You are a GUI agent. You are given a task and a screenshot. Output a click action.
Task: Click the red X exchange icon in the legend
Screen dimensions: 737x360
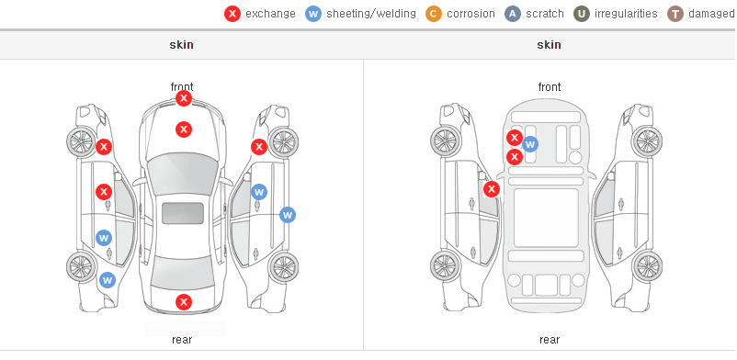232,14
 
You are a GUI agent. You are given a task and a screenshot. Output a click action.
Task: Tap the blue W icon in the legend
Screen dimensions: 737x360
313,14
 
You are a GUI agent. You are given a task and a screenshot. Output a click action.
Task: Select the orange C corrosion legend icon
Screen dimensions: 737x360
434,14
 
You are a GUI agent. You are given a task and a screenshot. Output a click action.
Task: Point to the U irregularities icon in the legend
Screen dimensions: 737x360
582,14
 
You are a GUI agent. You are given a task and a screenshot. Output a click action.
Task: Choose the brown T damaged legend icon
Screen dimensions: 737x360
675,14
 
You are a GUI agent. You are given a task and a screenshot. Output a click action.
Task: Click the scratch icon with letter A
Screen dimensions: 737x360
513,14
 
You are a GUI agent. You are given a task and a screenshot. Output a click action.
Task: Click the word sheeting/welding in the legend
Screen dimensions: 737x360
371,14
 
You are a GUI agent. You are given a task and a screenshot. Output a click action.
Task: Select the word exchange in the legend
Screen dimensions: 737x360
270,14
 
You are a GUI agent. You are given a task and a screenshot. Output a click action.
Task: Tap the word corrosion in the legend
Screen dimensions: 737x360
471,14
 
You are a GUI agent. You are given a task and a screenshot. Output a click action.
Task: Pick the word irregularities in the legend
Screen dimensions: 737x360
626,14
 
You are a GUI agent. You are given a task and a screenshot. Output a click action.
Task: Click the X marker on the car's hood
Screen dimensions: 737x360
184,129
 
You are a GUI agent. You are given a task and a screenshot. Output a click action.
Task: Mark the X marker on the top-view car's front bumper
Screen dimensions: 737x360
184,98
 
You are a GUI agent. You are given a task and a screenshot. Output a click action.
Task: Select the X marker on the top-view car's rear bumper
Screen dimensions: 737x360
184,302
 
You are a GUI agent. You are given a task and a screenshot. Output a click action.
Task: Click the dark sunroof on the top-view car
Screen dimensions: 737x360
183,213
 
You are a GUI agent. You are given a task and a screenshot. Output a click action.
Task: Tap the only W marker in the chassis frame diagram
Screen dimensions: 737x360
530,144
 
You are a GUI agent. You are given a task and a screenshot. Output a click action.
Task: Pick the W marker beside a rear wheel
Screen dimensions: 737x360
108,281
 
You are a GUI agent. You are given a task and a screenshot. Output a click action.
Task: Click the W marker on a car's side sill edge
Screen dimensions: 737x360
288,215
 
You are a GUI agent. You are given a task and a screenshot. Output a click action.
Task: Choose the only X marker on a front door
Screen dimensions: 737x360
104,192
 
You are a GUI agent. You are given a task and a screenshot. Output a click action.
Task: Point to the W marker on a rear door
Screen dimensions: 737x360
104,238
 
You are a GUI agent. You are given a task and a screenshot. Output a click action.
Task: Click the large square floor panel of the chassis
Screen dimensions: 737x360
546,218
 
